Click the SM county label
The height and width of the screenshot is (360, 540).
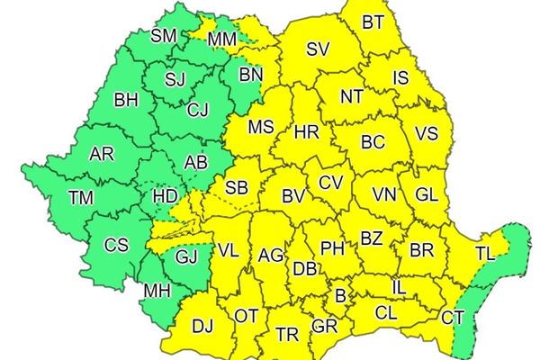point(164,36)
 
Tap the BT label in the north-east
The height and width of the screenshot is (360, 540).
point(372,22)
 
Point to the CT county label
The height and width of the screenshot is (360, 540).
point(453,317)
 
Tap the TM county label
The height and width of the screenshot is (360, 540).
point(81,197)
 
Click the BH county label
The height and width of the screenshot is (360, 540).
point(126,100)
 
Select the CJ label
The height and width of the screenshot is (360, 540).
point(198,112)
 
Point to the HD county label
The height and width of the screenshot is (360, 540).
point(164,195)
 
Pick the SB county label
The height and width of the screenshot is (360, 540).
point(236,188)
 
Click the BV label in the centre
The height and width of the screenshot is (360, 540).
point(293,195)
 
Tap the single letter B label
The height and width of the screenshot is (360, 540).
point(340,294)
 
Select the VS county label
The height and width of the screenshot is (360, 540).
point(427,134)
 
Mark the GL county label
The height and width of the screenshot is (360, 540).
point(427,193)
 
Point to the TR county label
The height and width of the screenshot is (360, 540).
point(287,335)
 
